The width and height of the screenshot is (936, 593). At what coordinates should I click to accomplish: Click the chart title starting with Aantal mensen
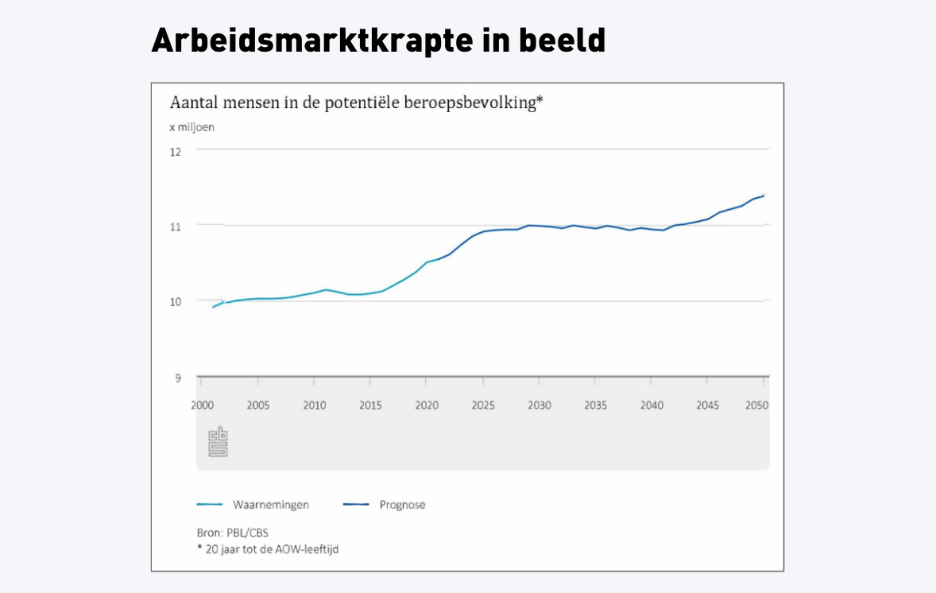tap(356, 103)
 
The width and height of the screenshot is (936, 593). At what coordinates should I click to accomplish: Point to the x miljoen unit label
tap(191, 127)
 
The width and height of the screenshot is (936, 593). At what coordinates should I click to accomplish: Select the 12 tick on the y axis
tap(176, 151)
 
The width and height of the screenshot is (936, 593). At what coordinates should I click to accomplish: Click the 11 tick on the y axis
tap(176, 226)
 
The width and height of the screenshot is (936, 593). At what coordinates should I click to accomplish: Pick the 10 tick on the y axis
tap(176, 301)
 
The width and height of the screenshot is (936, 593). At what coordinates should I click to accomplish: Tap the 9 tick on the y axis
tap(177, 378)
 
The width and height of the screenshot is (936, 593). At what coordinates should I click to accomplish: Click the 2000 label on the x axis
tap(203, 405)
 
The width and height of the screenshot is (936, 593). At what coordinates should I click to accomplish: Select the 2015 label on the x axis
tap(370, 405)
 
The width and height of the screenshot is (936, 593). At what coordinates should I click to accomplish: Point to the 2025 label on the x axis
tap(483, 405)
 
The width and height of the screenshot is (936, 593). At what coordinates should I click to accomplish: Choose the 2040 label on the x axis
tap(652, 405)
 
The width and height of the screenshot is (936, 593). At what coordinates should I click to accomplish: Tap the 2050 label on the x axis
tap(756, 405)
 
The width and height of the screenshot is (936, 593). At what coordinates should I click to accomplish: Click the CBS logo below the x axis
tap(218, 442)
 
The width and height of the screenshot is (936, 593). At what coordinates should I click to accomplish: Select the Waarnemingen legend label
tap(271, 505)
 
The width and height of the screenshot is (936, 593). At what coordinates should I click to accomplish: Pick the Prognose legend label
tap(402, 505)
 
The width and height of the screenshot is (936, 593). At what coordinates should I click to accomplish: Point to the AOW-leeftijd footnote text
tap(267, 548)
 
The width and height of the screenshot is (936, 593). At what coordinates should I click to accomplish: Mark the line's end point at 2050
tap(764, 196)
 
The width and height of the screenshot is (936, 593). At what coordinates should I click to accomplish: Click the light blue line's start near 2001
tap(213, 306)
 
